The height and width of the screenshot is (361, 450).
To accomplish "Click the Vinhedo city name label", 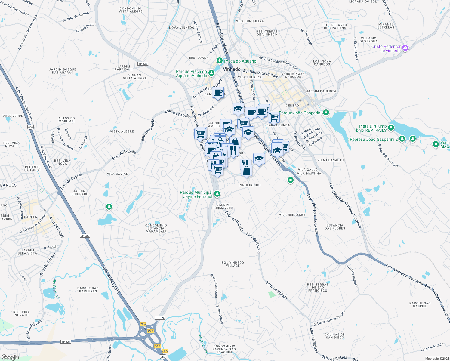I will tap(232, 69).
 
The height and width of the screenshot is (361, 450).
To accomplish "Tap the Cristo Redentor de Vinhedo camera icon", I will tap(405, 48).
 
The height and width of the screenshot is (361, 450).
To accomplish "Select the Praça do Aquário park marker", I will tap(220, 61).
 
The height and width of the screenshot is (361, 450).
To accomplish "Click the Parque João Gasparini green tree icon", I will tap(326, 113).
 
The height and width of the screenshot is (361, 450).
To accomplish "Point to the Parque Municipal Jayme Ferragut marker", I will tap(217, 194).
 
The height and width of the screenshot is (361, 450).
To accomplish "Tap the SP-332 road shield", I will tap(143, 64).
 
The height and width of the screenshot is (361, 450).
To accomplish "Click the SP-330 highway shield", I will tap(85, 236).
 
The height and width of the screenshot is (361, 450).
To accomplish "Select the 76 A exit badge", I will tap(143, 324).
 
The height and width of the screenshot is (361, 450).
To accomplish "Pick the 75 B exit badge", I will tap(150, 331).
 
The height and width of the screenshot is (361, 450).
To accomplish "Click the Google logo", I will tap(10, 357).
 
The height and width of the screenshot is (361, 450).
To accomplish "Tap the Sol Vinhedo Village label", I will tap(233, 264).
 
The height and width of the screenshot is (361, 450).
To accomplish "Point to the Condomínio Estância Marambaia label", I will tap(156, 228).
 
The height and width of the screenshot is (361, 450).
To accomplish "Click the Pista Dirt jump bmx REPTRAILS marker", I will tap(391, 128).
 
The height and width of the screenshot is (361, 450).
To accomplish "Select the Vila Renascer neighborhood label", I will tap(292, 215).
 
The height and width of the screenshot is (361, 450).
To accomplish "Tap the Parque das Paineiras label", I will tap(88, 290).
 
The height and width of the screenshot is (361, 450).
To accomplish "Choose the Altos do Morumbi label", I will tap(66, 120).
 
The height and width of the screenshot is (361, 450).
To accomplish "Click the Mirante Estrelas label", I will tap(386, 26).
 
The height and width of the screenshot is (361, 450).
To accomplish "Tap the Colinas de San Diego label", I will tap(335, 336).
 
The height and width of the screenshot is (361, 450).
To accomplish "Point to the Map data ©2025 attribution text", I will tap(436, 359).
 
